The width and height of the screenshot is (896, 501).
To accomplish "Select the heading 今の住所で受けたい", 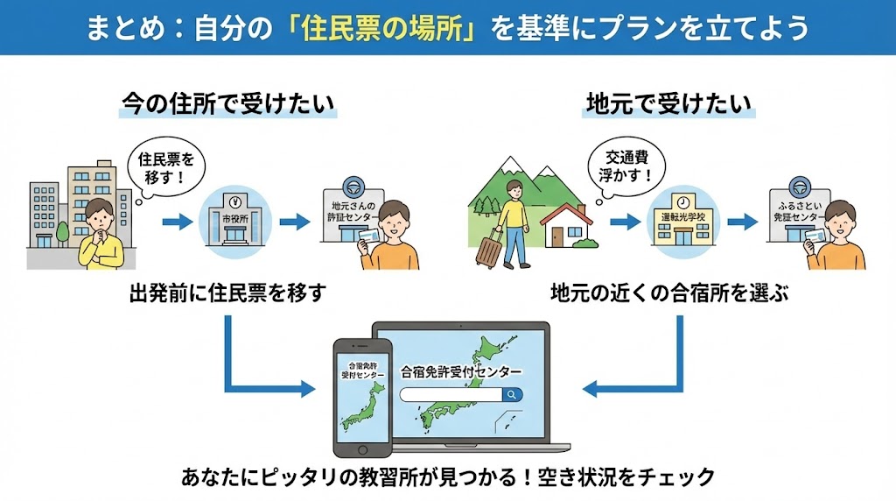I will click(227, 104).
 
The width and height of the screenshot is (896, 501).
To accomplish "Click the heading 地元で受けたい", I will click(667, 104).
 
